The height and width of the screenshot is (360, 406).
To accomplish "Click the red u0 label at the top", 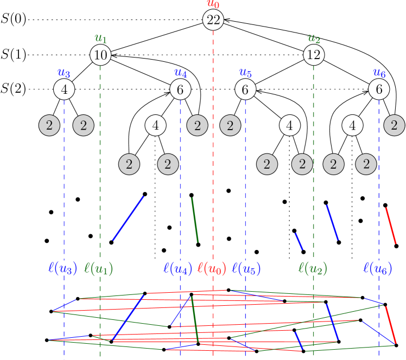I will tap(213, 4).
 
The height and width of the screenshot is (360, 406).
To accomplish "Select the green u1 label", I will tap(101, 38).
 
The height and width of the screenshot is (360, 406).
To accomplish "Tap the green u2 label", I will tap(314, 38).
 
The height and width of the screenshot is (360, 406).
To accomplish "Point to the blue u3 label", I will tap(64, 73).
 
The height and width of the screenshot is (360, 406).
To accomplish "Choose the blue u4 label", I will tap(181, 73).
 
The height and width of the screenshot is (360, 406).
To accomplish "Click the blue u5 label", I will tap(245, 73).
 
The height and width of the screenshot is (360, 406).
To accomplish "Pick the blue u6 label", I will tap(379, 73).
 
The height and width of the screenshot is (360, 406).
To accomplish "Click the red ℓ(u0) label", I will tap(212, 268).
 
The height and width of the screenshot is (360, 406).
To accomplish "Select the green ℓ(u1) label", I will tap(99, 268).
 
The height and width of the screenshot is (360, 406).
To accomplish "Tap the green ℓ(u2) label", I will tap(313, 268).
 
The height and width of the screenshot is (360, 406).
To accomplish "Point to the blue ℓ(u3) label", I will tap(63, 268).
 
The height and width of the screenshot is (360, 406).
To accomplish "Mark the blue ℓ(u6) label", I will tap(377, 268).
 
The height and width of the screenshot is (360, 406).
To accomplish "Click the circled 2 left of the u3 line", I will tap(49, 126).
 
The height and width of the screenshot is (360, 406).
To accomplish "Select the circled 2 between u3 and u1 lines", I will tap(84, 126).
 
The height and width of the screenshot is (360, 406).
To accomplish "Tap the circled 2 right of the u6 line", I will tap(394, 126).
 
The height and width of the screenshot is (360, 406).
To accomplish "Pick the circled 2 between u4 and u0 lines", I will tap(198, 126).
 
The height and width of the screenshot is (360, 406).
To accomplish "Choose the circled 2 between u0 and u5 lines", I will tap(230, 126).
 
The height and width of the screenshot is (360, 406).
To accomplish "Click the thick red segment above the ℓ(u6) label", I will tap(391, 226).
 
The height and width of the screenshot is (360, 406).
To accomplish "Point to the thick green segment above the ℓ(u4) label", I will tap(195, 220).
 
